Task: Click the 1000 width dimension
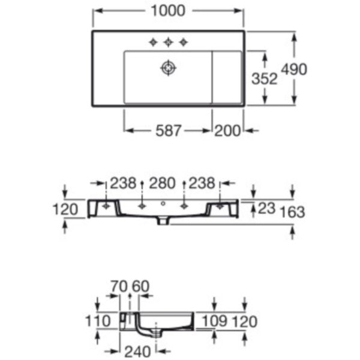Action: [168, 11]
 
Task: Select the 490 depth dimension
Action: [294, 69]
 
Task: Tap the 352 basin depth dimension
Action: [265, 79]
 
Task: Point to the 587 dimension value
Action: [169, 131]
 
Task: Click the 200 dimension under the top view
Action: [227, 131]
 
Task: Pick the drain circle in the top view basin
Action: [168, 68]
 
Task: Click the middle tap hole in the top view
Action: [168, 42]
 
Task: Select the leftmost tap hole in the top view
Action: [153, 42]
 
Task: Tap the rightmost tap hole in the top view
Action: [184, 42]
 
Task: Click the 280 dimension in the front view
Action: [162, 183]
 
